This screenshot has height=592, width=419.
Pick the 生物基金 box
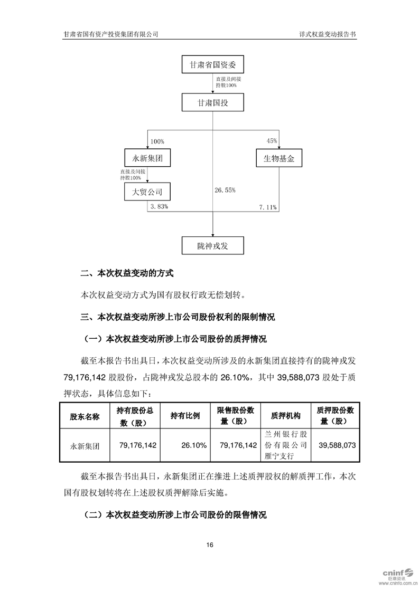pyautogui.click(x=278, y=158)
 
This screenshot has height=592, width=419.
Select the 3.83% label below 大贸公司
pyautogui.click(x=159, y=207)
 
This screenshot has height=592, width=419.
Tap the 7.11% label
pyautogui.click(x=268, y=207)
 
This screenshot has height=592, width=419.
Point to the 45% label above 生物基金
pyautogui.click(x=272, y=141)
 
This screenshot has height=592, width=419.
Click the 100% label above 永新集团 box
pyautogui.click(x=157, y=141)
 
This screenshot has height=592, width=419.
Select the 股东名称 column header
pyautogui.click(x=85, y=416)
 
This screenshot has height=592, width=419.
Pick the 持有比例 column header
pyautogui.click(x=185, y=416)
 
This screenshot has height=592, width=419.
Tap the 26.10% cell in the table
pyautogui.click(x=193, y=445)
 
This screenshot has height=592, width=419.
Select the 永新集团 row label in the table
pyautogui.click(x=85, y=446)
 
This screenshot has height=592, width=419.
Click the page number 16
pyautogui.click(x=210, y=545)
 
